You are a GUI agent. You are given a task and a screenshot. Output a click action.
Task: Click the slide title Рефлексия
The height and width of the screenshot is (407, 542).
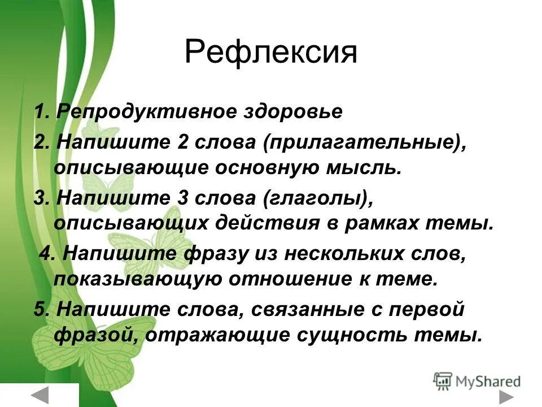pos(270,53)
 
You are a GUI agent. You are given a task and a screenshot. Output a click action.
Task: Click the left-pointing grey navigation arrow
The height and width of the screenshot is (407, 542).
pos(40,395)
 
